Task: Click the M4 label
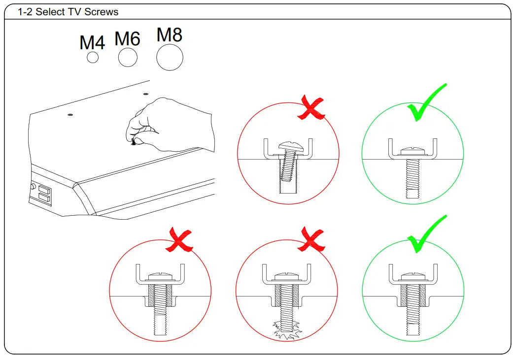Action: point(92,43)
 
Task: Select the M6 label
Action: point(128,38)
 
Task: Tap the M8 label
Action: point(170,35)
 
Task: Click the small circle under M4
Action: point(93,58)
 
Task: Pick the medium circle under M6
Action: point(128,58)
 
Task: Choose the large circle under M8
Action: point(170,58)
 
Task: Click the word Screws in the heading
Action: point(102,12)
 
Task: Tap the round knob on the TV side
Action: point(33,187)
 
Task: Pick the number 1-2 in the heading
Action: point(25,12)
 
